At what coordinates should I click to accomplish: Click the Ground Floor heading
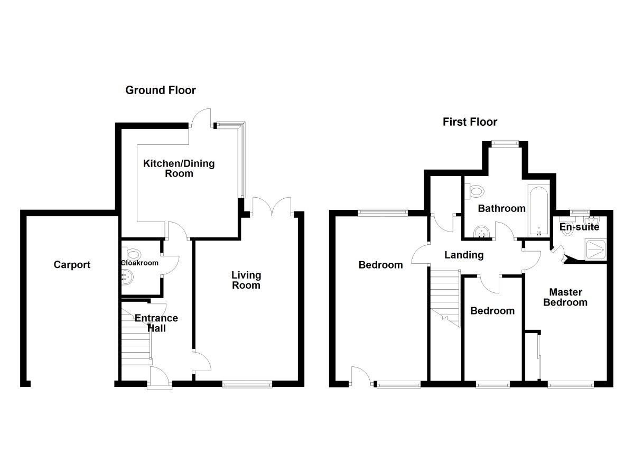click(x=160, y=90)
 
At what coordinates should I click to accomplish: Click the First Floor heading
click(x=470, y=122)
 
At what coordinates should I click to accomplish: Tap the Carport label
click(x=72, y=265)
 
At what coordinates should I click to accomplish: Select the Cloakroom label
click(x=139, y=263)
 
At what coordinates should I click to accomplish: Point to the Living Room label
click(x=246, y=280)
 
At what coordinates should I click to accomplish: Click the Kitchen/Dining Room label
click(x=179, y=168)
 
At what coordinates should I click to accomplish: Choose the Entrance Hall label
click(x=156, y=323)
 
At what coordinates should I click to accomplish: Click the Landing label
click(x=463, y=255)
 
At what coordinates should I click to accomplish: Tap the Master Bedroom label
click(x=565, y=297)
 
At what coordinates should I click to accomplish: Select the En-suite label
click(x=580, y=227)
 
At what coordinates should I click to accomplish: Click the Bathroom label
click(x=501, y=208)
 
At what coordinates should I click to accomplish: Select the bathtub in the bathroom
click(x=538, y=210)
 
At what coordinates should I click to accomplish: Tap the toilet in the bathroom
click(x=474, y=190)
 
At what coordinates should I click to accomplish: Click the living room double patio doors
click(x=272, y=206)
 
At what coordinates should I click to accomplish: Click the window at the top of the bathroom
click(x=504, y=142)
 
